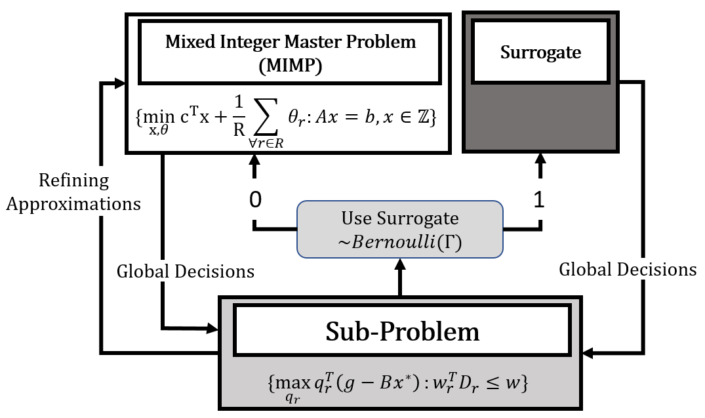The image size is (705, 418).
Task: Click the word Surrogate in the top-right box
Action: pos(540,53)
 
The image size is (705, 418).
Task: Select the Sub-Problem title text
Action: pos(403,332)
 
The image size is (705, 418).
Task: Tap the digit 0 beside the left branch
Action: pos(255,199)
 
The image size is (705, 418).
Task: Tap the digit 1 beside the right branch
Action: pos(539,199)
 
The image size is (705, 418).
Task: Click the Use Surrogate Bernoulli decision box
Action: pos(399,230)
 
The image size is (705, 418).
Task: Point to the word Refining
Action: pos(73,181)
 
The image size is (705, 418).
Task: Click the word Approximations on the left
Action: pos(73,204)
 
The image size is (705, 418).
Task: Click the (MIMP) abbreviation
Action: pos(291,66)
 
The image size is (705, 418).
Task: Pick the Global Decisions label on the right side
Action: pos(628,270)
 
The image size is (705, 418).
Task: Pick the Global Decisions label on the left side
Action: pos(185,271)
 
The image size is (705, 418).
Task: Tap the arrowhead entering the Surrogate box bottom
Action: pos(540,159)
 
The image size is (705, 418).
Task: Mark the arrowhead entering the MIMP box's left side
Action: pos(119,83)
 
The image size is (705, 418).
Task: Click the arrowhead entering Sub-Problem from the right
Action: pos(588,353)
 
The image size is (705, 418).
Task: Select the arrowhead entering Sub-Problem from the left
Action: pos(212,329)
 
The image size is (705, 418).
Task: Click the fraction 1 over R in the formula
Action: pos(239,116)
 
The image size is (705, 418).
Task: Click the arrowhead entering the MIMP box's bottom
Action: pos(254,160)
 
